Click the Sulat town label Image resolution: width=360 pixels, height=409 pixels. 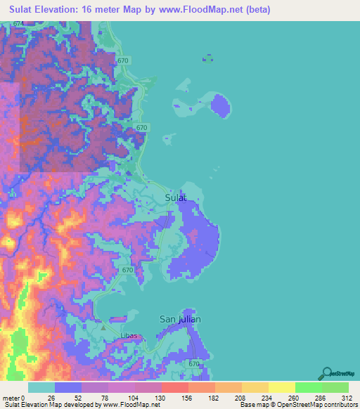coord(176,197)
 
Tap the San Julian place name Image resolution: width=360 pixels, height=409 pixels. coord(180,319)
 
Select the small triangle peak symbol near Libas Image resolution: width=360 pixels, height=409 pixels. coord(103,327)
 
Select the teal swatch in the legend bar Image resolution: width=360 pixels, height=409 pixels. coord(41,387)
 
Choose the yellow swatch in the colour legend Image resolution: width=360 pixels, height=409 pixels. coord(281,387)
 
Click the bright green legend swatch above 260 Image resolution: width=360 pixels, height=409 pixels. coord(308,387)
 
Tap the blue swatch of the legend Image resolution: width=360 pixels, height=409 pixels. coord(68,387)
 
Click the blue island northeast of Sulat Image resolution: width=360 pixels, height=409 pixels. coord(221,106)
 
